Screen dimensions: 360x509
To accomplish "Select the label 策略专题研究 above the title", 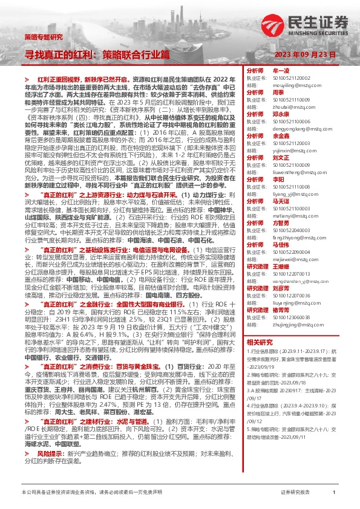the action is pos(43,37).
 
